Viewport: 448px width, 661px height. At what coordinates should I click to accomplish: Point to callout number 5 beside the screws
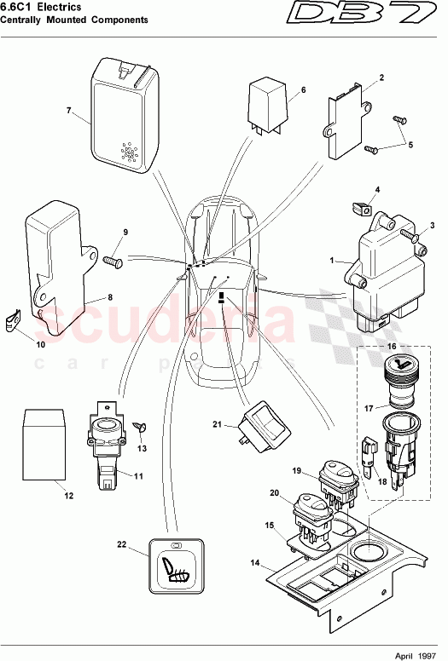coord(410,145)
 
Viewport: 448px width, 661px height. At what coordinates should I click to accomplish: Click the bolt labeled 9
coord(113,262)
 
